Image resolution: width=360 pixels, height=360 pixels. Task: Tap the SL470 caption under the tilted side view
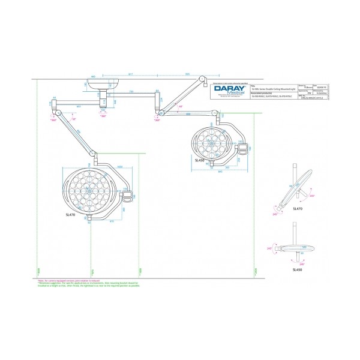pyautogui.click(x=298, y=208)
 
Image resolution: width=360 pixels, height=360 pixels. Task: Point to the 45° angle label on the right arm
pyautogui.click(x=181, y=106)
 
